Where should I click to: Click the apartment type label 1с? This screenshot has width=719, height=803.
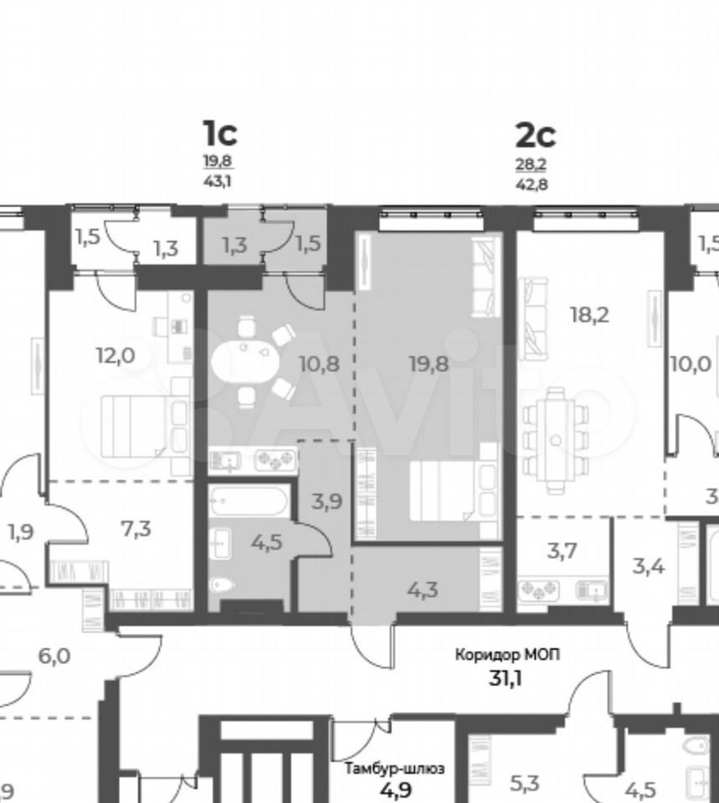click(x=220, y=133)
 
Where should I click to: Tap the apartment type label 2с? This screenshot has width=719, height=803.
click(x=535, y=136)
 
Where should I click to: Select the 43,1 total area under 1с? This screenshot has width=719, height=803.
click(x=218, y=181)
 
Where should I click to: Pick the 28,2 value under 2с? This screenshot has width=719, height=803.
click(x=531, y=165)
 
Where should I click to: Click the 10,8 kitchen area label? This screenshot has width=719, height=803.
click(x=319, y=364)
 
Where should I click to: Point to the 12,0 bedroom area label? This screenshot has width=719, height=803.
click(x=116, y=355)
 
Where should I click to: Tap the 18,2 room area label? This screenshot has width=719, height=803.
click(x=590, y=315)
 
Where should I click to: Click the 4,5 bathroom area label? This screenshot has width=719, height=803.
click(x=266, y=542)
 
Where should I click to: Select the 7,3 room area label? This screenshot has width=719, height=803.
click(x=136, y=528)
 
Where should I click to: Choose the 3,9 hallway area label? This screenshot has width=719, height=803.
click(x=326, y=501)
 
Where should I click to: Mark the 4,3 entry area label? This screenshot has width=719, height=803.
click(x=423, y=590)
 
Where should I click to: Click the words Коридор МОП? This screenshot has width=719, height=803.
click(x=507, y=654)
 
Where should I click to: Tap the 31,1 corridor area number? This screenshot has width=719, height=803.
click(x=507, y=678)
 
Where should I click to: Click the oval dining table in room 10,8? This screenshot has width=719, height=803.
click(x=245, y=361)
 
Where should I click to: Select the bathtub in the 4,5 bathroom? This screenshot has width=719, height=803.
click(x=249, y=501)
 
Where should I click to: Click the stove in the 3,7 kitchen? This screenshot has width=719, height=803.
click(x=538, y=591)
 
